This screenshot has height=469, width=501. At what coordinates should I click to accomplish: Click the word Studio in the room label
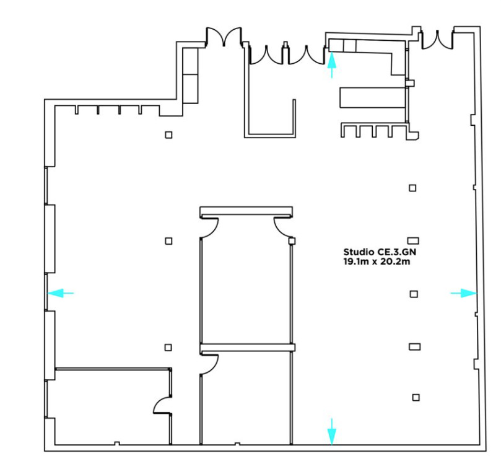coord(354,252)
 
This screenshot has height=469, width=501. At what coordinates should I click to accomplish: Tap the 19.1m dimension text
coord(355,261)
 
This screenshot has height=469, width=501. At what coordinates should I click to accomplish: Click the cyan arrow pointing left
coord(61,293)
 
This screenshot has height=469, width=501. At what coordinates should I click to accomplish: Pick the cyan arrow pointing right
coord(464,293)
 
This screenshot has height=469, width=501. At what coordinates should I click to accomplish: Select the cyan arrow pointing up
coord(332,65)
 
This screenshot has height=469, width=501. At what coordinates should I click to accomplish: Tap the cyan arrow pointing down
coord(332,432)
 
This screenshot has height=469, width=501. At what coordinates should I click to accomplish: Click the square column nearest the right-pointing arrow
coord(414,294)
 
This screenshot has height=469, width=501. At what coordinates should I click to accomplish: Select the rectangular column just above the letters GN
coord(413,240)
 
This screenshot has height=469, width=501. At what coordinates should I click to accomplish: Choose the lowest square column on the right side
coord(416,397)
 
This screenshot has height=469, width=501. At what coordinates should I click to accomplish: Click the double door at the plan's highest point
coord(224,37)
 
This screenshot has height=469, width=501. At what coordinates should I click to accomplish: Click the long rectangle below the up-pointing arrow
coord(373,97)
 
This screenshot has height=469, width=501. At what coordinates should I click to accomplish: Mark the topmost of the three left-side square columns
coord(168,135)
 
